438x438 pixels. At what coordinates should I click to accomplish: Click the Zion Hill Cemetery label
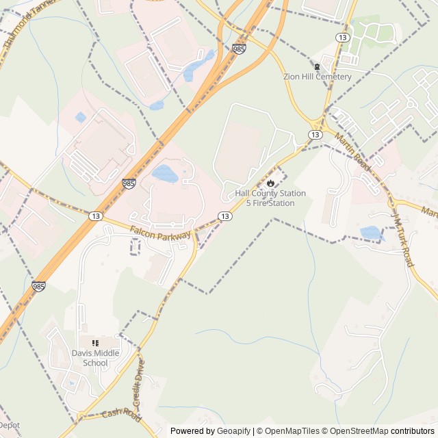[318, 77]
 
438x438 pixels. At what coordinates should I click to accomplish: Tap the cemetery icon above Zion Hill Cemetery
[317, 66]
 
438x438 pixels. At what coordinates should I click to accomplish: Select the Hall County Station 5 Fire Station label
[270, 198]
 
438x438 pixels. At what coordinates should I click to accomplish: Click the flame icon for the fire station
[271, 183]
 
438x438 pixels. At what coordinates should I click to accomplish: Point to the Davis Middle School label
[96, 358]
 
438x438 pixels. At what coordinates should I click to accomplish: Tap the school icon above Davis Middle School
[96, 342]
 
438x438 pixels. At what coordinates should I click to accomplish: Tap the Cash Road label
[120, 415]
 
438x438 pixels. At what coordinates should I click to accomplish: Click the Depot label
[10, 425]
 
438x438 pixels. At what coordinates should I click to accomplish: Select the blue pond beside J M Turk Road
[372, 233]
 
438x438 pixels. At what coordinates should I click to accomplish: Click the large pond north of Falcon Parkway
[165, 173]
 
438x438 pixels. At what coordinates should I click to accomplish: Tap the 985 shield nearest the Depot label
[38, 287]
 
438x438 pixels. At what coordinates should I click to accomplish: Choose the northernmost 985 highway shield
[239, 49]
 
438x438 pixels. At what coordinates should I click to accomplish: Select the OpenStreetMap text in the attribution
[360, 431]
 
